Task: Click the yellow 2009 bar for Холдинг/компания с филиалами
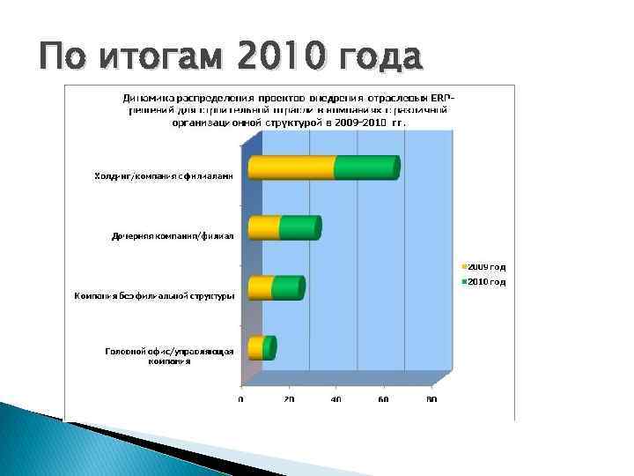(291, 167)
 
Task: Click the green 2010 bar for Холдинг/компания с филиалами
(365, 167)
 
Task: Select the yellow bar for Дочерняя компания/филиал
(263, 227)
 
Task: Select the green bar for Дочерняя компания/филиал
(299, 227)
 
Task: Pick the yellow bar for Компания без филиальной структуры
(261, 288)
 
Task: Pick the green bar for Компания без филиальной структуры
(287, 288)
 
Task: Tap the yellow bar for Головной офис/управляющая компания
(255, 348)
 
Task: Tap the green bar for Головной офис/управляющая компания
(269, 348)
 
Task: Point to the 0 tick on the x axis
(241, 400)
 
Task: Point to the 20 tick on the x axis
(289, 400)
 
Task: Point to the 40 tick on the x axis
(336, 400)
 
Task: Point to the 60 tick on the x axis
(384, 400)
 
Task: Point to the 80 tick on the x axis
(431, 400)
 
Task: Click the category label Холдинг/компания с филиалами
(164, 176)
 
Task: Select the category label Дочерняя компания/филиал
(173, 236)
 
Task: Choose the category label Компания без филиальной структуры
(154, 295)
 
